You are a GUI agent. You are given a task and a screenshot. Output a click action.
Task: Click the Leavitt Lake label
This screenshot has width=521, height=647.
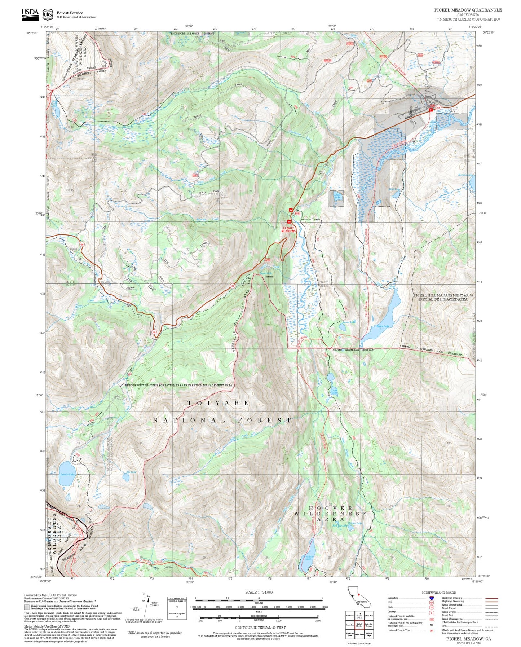[x=67, y=474]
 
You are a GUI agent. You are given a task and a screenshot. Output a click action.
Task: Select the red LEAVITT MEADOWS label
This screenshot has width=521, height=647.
[x=288, y=229]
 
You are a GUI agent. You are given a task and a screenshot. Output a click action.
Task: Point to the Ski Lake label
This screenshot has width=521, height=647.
[x=131, y=472]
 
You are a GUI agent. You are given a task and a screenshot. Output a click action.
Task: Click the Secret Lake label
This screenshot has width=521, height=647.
[x=349, y=322]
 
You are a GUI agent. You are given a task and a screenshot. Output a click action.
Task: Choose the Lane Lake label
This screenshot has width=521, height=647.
[x=334, y=391]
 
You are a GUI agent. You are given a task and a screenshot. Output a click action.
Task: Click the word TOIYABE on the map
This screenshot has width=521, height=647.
[x=218, y=403]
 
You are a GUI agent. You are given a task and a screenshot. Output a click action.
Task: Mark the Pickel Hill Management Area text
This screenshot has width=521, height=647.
[x=443, y=297]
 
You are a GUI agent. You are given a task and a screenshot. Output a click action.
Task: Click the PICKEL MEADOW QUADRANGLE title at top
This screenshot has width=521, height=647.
[x=468, y=10]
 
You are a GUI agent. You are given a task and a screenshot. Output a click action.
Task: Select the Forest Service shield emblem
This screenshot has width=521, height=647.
[x=47, y=15]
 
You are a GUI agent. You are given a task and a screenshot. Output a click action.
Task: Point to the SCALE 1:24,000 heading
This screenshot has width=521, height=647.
[x=259, y=592]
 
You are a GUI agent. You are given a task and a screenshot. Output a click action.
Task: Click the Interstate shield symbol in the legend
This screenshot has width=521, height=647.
[x=431, y=598]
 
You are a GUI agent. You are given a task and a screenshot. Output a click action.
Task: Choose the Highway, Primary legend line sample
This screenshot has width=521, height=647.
[x=491, y=598]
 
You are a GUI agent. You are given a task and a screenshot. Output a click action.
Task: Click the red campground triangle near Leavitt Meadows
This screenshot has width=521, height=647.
[x=291, y=210]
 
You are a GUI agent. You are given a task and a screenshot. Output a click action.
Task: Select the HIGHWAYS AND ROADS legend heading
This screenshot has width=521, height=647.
[x=438, y=593]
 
